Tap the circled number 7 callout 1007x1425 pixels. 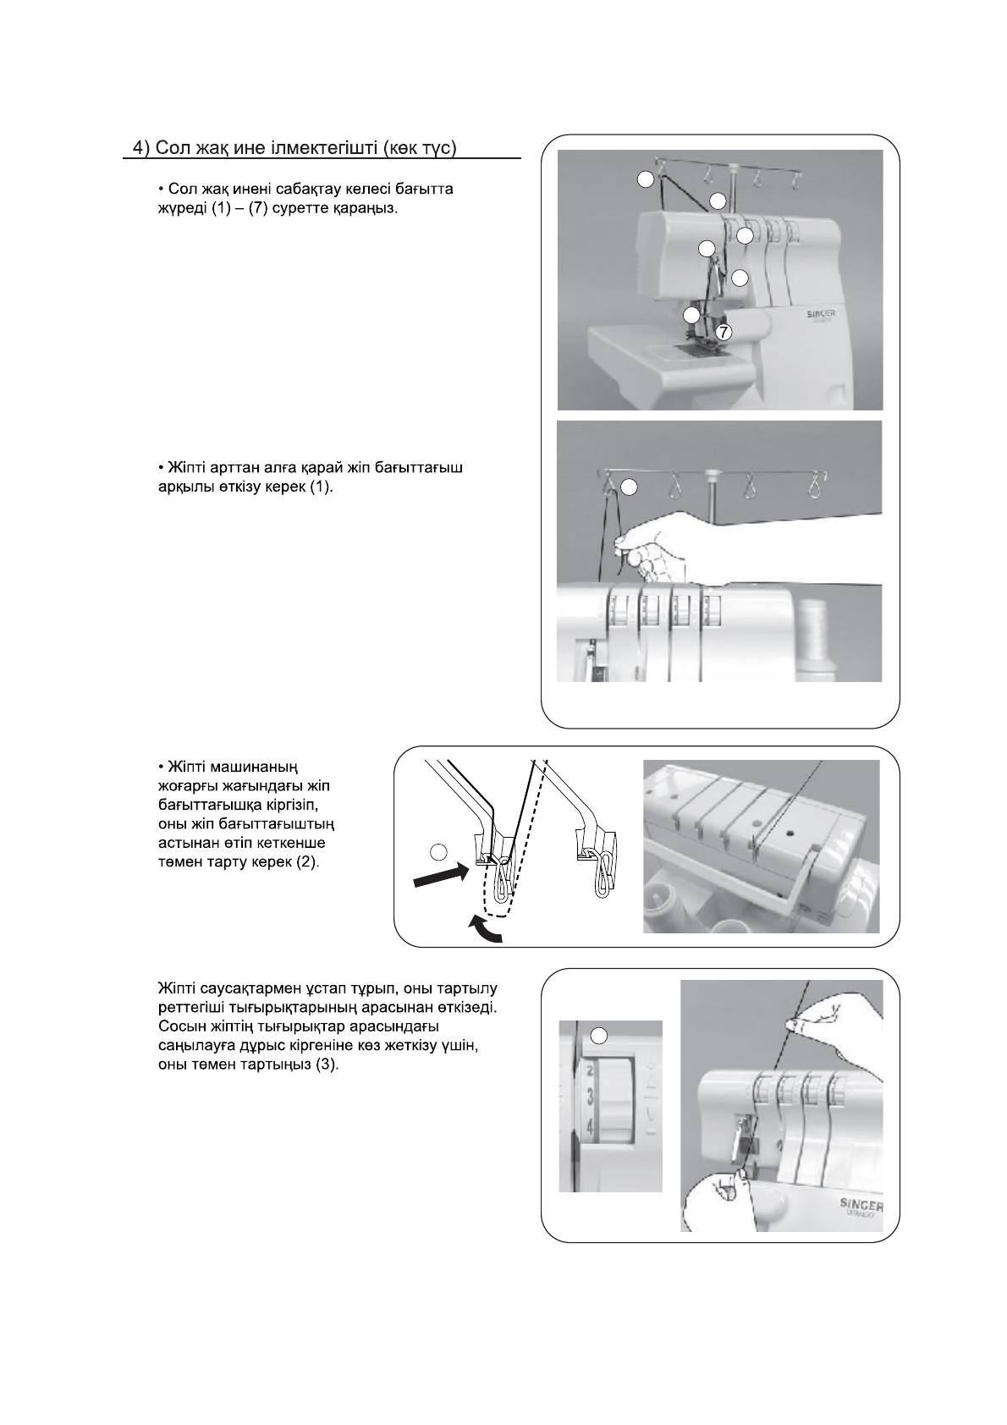coord(723,333)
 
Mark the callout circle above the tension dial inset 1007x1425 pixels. coord(598,1034)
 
